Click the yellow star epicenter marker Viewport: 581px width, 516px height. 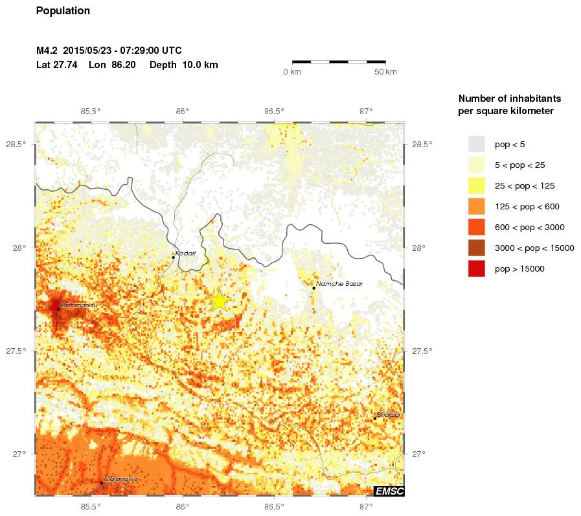[220, 301]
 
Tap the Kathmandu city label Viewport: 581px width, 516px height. [78, 305]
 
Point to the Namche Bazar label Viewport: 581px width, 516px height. [339, 284]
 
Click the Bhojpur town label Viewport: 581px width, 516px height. [389, 414]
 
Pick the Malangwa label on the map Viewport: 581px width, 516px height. [121, 479]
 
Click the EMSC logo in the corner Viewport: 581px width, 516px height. [389, 491]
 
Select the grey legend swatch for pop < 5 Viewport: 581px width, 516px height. [477, 144]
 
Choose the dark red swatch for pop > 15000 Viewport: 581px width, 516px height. [477, 268]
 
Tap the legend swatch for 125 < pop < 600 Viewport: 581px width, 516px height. [477, 206]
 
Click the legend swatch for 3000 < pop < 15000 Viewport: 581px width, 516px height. [477, 248]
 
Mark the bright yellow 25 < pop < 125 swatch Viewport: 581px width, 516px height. [477, 185]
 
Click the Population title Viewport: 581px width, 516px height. [63, 11]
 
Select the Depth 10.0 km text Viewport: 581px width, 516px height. [183, 65]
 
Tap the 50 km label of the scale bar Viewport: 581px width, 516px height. [386, 72]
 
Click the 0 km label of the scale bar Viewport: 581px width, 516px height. [292, 72]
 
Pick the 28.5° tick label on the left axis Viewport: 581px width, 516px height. [16, 144]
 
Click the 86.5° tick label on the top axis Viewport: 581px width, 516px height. [274, 111]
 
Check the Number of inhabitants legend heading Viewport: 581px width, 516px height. [509, 105]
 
